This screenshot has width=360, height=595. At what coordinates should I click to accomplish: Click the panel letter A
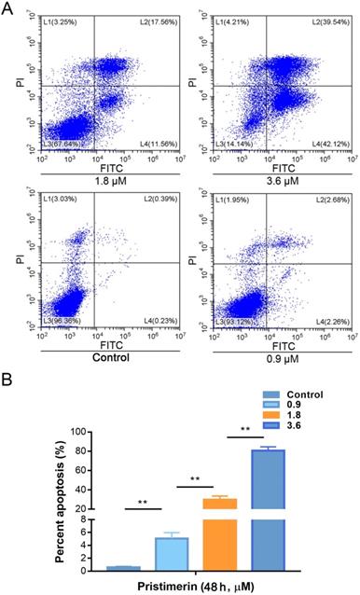pos(8,8)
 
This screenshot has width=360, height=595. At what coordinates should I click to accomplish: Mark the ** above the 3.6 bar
pos(244,430)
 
